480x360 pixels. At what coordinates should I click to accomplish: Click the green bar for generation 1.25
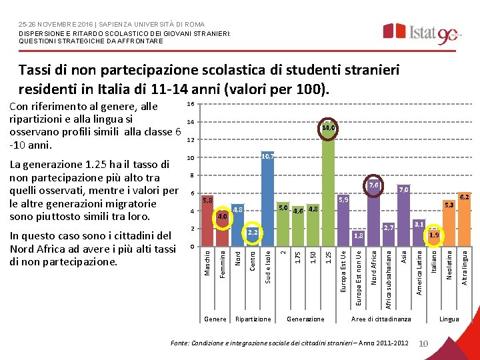tap(328, 193)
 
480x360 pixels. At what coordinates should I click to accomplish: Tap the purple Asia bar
tap(404, 217)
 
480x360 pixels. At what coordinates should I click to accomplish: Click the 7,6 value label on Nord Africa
tap(373, 185)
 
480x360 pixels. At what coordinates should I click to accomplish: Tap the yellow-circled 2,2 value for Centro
tap(253, 233)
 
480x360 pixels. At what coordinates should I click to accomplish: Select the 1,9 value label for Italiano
tap(434, 235)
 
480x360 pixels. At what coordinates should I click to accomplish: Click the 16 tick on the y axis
tap(190, 104)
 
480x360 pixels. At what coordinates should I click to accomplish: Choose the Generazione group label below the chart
tap(305, 319)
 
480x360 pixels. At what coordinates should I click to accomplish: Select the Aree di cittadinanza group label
tap(381, 319)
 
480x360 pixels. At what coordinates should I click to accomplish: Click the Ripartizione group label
tap(253, 319)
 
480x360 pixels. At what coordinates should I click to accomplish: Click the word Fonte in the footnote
tap(181, 343)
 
